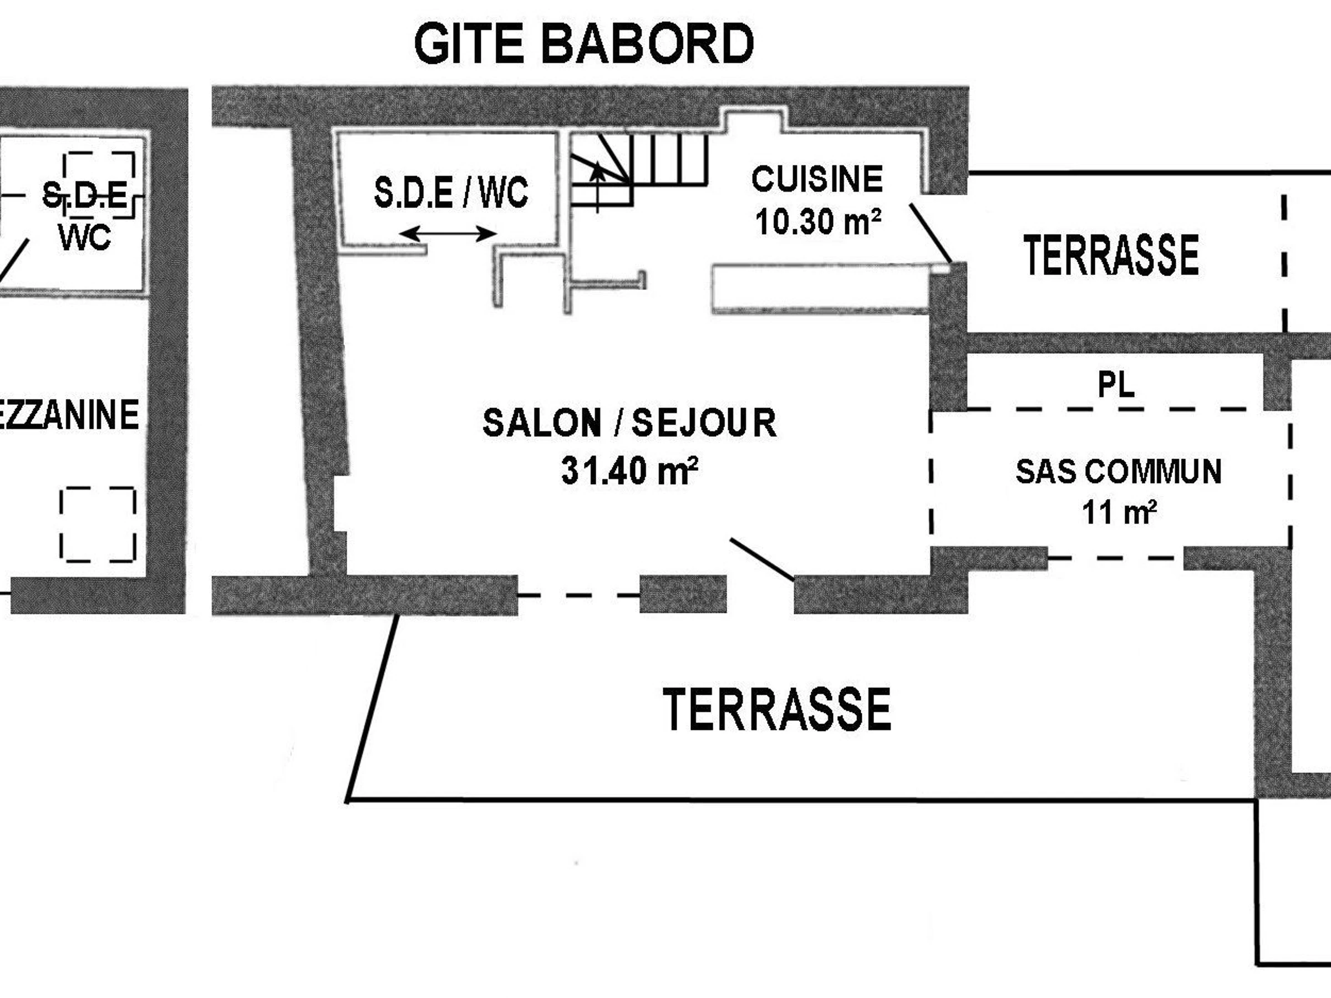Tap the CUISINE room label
click(x=816, y=179)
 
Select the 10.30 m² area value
click(x=818, y=222)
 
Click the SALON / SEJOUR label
click(x=629, y=423)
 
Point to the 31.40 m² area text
click(x=629, y=470)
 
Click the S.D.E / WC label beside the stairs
click(x=451, y=192)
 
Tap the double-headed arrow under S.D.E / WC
click(x=448, y=233)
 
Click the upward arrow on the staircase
click(x=597, y=186)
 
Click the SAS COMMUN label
click(x=1119, y=471)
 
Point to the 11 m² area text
click(x=1119, y=512)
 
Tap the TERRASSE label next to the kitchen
click(x=1111, y=256)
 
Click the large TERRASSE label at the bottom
click(x=776, y=710)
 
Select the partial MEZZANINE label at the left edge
click(x=69, y=415)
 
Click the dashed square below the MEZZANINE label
click(x=98, y=525)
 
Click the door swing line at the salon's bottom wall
click(x=762, y=559)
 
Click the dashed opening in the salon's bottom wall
click(x=578, y=595)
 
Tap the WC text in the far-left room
click(x=85, y=237)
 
